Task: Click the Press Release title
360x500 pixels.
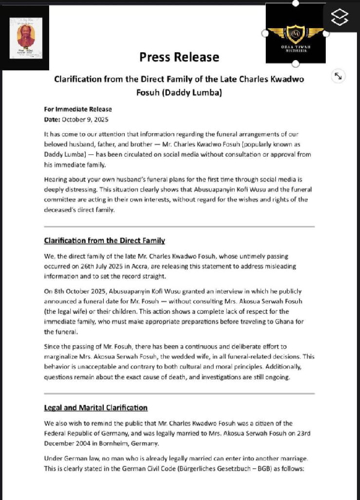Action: tap(179, 57)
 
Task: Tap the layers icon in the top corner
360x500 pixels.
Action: tap(339, 17)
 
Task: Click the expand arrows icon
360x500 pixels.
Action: tap(338, 76)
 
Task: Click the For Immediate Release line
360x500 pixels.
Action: tap(78, 109)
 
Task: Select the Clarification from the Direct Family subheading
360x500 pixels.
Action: tap(104, 241)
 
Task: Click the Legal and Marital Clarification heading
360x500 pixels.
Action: tap(96, 408)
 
